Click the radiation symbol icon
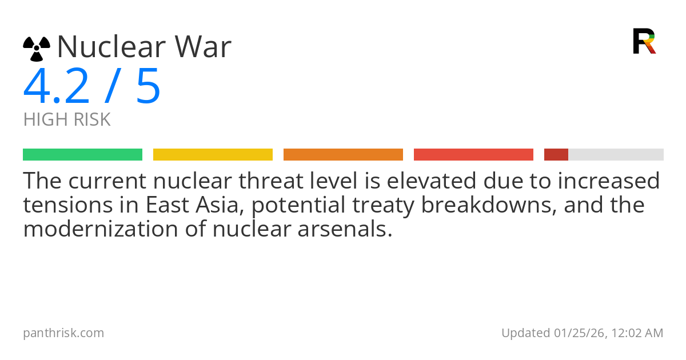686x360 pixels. (37, 49)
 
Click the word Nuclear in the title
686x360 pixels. (107, 47)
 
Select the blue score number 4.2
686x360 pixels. (56, 87)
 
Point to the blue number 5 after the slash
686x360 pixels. (148, 87)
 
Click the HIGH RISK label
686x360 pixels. (67, 120)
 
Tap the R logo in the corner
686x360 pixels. (644, 41)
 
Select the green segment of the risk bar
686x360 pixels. (82, 154)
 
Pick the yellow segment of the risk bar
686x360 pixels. (213, 154)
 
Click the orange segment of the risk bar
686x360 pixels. (343, 154)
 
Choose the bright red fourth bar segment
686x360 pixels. (473, 154)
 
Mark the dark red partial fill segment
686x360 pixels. (556, 154)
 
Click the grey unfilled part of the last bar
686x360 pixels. (616, 154)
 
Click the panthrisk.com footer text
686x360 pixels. (63, 333)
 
